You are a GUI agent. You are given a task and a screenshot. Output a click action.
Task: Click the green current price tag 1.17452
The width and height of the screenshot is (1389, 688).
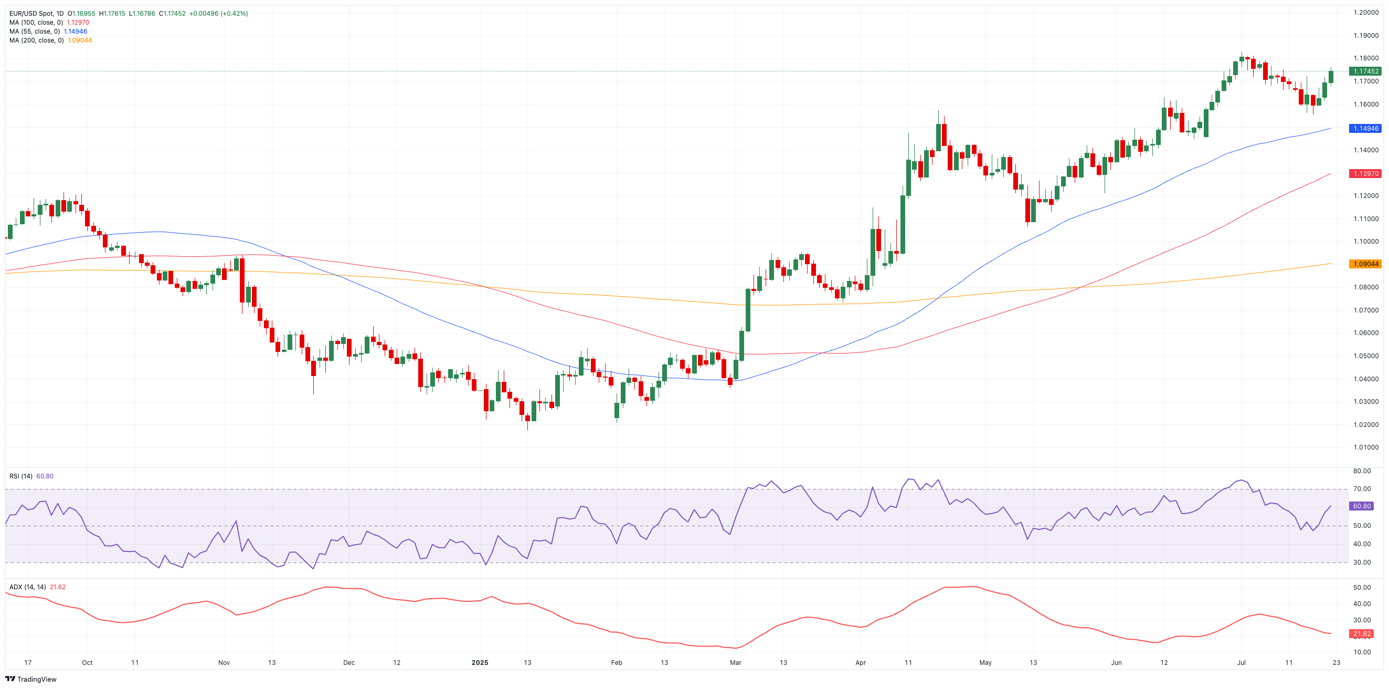click(x=1365, y=71)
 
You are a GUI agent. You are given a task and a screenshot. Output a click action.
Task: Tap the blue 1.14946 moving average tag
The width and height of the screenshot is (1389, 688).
click(x=1365, y=129)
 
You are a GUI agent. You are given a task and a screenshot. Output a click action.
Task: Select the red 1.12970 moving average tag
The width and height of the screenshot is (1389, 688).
click(x=1365, y=174)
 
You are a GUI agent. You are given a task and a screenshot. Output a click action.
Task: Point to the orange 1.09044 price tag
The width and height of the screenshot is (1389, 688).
click(x=1365, y=264)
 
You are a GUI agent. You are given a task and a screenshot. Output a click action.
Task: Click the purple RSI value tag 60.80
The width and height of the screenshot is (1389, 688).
click(x=1362, y=506)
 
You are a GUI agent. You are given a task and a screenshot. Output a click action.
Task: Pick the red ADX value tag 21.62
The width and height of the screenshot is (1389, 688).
click(x=1362, y=633)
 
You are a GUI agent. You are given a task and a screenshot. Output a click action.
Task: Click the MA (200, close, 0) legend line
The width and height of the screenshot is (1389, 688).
click(x=50, y=40)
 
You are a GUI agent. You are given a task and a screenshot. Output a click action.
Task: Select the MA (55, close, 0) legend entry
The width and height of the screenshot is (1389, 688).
click(x=48, y=32)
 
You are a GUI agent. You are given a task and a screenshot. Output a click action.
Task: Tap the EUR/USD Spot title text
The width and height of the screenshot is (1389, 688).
click(x=36, y=14)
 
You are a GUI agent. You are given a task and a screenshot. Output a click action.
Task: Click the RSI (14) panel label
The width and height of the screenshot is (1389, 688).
click(x=20, y=476)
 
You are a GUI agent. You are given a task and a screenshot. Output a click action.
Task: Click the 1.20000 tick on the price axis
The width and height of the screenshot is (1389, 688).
click(x=1365, y=13)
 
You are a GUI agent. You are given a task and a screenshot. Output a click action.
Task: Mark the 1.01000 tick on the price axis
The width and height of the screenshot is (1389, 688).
click(x=1365, y=447)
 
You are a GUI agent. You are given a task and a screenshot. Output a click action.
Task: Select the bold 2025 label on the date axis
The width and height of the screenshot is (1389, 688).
click(x=480, y=663)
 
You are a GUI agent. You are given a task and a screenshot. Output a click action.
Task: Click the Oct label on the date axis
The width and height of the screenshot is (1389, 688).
click(x=87, y=663)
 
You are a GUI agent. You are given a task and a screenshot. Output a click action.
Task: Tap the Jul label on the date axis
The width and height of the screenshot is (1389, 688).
click(x=1240, y=663)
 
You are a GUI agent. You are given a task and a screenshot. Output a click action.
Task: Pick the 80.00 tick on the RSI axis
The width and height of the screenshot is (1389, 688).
click(x=1362, y=471)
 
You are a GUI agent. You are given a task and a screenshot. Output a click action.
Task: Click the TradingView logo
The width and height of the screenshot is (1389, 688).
click(x=31, y=679)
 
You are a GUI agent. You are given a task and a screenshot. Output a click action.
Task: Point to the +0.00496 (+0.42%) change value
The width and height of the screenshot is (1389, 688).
click(x=218, y=14)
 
